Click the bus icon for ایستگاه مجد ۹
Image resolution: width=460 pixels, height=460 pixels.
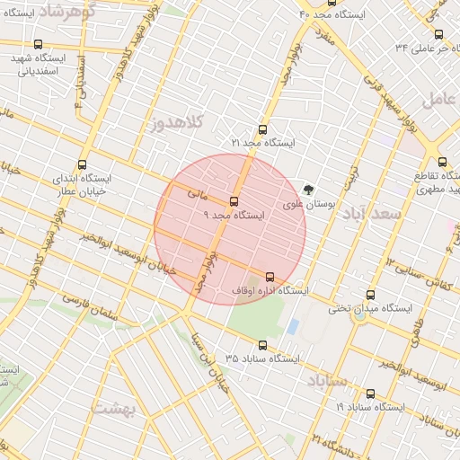pyautogui.click(x=234, y=201)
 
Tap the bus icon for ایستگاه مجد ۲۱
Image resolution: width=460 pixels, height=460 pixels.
pyautogui.click(x=262, y=129)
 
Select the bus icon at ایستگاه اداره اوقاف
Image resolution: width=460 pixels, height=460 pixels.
pyautogui.click(x=269, y=277)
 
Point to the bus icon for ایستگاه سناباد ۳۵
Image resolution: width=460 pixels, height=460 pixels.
pyautogui.click(x=263, y=345)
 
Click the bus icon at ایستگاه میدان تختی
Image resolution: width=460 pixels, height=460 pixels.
pyautogui.click(x=370, y=295)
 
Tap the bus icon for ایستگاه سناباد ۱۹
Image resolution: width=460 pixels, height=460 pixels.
pyautogui.click(x=370, y=394)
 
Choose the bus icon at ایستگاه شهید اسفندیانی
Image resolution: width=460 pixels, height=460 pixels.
pyautogui.click(x=37, y=44)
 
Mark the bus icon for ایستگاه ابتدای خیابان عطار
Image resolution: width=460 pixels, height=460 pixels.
pyautogui.click(x=83, y=164)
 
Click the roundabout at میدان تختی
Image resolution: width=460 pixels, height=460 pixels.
pyautogui.click(x=359, y=314)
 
